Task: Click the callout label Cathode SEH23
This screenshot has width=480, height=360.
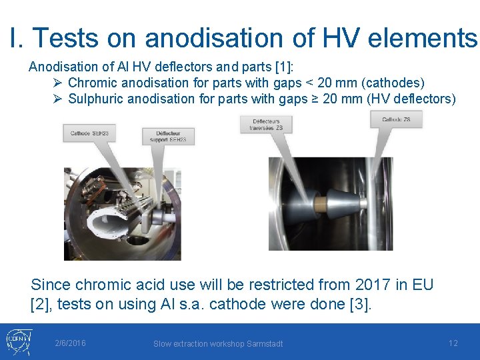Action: point(89,133)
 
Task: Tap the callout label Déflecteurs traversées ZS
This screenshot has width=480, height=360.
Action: point(267,124)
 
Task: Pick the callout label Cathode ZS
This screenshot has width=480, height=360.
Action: point(396,120)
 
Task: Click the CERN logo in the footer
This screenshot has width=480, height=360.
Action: point(17,341)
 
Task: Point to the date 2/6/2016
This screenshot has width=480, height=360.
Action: point(70,343)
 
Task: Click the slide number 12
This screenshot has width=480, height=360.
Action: point(453,343)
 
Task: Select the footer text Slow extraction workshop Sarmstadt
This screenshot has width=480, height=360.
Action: point(218,344)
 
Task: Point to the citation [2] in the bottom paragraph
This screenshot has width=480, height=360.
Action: point(40,304)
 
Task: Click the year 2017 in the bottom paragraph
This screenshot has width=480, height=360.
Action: point(371,285)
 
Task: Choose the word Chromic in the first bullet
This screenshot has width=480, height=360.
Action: point(91,83)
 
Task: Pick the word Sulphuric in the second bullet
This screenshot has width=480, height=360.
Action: point(95,99)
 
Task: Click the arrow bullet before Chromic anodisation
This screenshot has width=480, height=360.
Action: point(58,83)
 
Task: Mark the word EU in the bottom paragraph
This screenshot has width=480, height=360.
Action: point(422,285)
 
